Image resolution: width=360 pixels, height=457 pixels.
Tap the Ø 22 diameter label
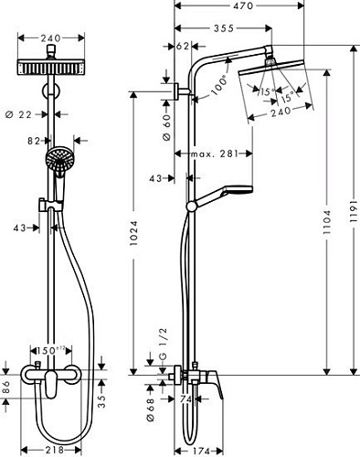click(30, 113)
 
